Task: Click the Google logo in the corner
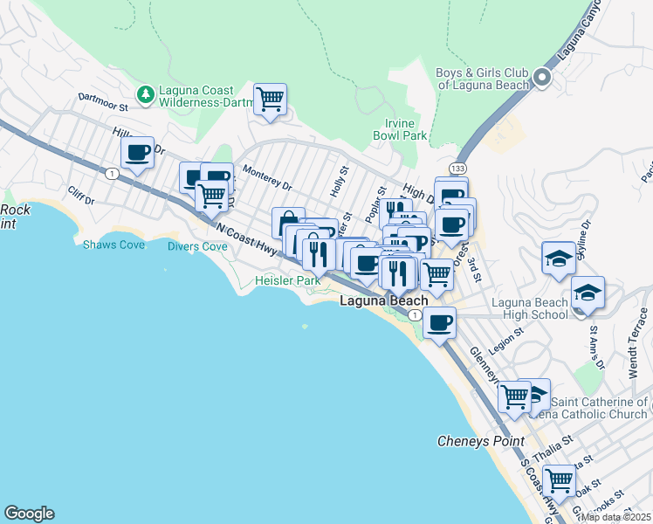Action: coord(29,513)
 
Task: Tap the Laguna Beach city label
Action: coord(383,300)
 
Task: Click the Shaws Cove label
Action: coord(113,245)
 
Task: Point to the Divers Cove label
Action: coord(197,246)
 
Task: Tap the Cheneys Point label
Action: coord(481,442)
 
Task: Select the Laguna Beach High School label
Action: coord(529,308)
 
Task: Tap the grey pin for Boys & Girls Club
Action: coord(541,78)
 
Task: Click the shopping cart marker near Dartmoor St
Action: coord(270,99)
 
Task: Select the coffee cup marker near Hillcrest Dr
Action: coord(137,152)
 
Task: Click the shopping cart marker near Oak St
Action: coord(558,479)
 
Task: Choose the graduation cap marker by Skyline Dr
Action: coord(558,259)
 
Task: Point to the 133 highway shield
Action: coord(457,167)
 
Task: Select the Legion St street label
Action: coord(505,340)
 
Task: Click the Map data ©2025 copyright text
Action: coord(615,517)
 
